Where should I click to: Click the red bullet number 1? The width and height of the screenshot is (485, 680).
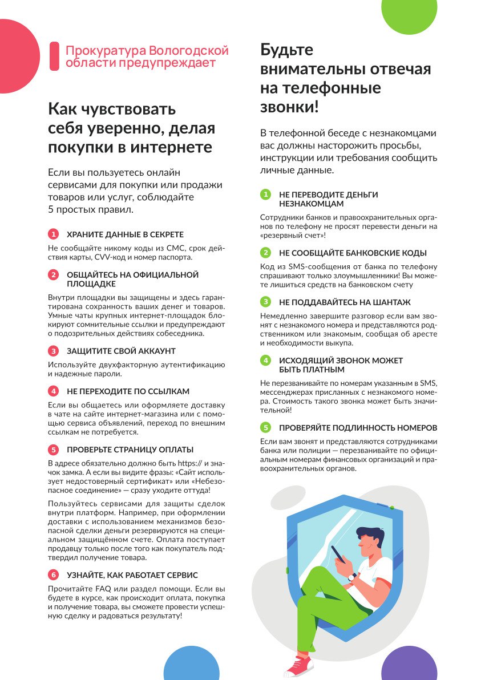53,234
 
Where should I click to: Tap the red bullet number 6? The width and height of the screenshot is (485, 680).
53,574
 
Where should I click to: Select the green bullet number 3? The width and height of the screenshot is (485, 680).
265,302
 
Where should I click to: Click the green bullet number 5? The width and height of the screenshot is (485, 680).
265,427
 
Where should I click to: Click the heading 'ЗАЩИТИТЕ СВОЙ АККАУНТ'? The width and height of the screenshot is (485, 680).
121,351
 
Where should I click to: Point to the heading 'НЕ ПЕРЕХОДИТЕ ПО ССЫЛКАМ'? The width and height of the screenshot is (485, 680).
128,391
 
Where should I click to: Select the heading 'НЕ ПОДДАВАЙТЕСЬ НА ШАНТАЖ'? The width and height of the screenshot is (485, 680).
345,302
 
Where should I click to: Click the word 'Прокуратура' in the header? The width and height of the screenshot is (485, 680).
104,50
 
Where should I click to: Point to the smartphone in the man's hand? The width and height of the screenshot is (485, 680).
339,553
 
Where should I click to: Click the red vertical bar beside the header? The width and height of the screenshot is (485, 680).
54,56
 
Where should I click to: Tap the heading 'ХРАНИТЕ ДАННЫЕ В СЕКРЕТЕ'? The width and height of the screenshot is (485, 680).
125,234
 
